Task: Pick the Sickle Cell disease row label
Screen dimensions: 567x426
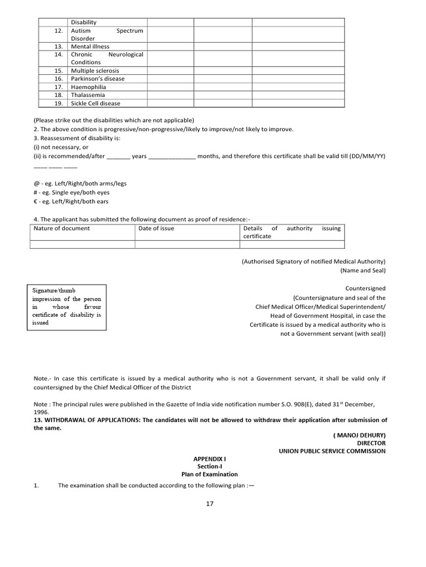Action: [x=95, y=104]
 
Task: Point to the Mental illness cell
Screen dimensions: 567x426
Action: [x=90, y=47]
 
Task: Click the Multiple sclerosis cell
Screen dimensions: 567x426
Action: [x=95, y=71]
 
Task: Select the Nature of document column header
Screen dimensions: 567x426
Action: [x=62, y=228]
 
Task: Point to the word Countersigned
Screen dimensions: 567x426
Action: [x=365, y=288]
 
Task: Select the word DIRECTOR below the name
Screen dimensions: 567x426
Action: [x=371, y=444]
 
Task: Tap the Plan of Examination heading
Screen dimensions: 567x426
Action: [x=209, y=475]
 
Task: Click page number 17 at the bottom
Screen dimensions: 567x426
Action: [x=209, y=504]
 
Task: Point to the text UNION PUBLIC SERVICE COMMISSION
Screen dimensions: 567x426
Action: [x=332, y=451]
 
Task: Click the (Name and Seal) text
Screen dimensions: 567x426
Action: [x=363, y=271]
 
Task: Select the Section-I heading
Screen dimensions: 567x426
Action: [x=209, y=467]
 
